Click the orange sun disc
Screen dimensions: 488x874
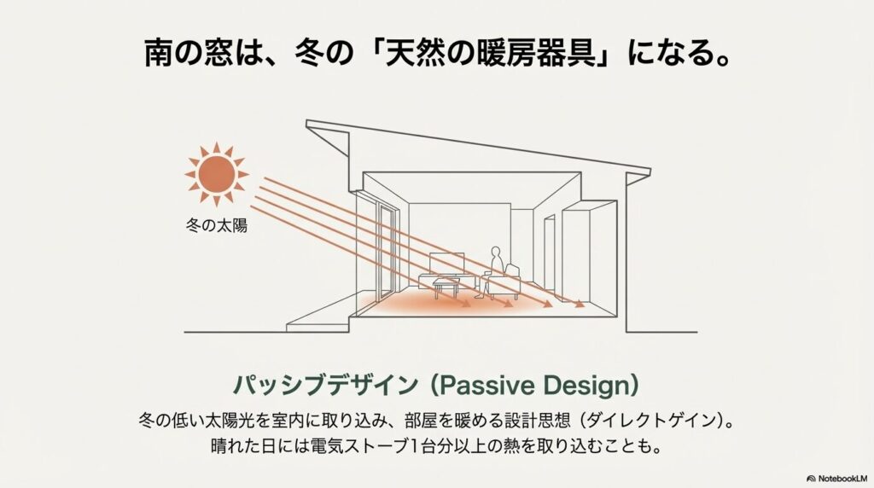click(x=217, y=174)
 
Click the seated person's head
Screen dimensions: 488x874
click(x=494, y=253)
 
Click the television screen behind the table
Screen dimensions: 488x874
click(x=447, y=264)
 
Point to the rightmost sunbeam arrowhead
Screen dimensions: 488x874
click(x=581, y=305)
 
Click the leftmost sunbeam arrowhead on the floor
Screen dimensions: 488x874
click(x=468, y=303)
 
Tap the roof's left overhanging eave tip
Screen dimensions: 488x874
click(x=309, y=128)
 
